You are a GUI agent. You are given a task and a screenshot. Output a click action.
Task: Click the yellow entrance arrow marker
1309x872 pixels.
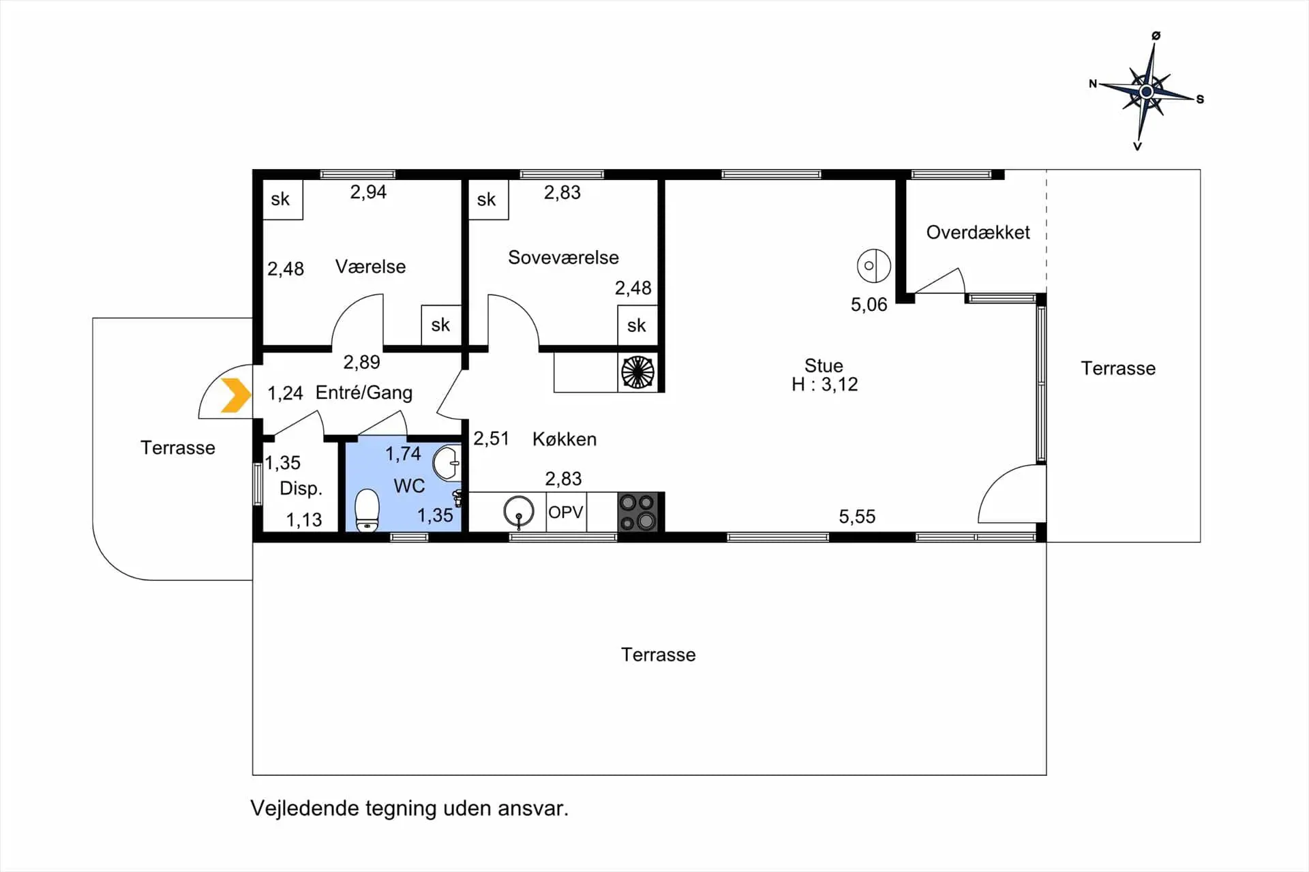pos(236,395)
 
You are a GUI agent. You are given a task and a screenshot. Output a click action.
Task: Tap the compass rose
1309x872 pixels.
pos(1147,91)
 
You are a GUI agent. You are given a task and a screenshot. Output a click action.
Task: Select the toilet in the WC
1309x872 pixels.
pos(367,510)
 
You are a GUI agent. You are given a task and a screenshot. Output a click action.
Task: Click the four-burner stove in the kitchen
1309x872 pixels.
pos(638,511)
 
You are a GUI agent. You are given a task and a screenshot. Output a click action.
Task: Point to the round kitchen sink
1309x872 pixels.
pos(519,511)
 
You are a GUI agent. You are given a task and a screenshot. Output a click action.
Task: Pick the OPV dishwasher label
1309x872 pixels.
pos(566,512)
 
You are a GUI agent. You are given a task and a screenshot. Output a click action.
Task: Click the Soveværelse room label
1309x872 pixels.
pos(563,258)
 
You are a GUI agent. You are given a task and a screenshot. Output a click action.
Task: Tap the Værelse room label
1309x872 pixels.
pos(370,267)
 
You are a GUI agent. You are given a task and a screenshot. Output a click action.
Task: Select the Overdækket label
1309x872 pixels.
pos(978,232)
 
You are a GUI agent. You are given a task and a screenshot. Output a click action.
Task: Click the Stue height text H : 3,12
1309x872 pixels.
pos(824,385)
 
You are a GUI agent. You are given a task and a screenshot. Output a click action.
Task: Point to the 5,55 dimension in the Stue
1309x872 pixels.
pos(857,517)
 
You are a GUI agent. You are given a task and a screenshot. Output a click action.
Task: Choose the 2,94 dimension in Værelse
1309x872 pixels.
pos(368,192)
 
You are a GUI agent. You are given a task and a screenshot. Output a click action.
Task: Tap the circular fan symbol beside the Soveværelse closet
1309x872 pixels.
pos(638,373)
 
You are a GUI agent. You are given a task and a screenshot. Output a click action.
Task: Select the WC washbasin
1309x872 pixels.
pos(447,464)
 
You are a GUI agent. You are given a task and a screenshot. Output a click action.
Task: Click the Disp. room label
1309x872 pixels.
pos(301,489)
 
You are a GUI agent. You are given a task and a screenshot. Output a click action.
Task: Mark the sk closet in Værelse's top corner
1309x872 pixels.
pos(282,199)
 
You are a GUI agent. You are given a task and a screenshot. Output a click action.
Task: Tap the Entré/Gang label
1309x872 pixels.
pos(364,393)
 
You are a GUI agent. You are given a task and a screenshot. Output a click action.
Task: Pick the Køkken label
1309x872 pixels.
pos(565,439)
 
